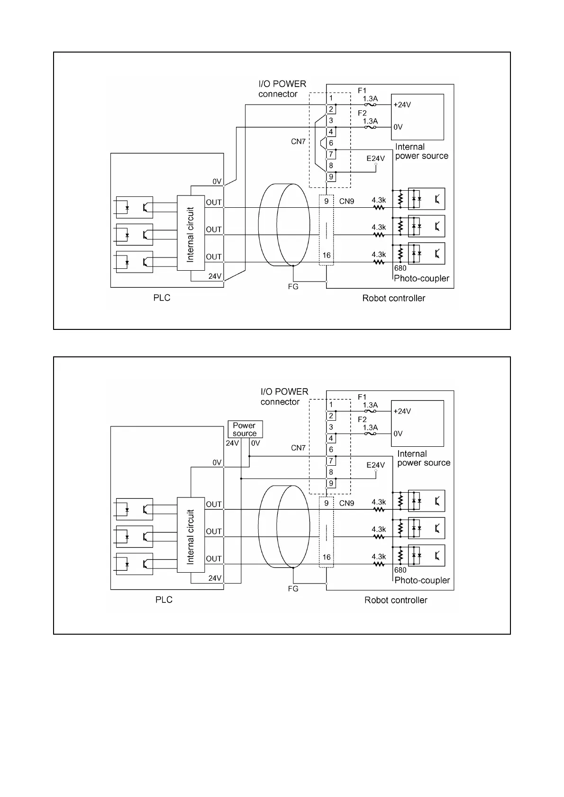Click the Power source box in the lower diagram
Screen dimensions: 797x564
click(245, 429)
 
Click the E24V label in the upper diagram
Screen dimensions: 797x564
click(375, 159)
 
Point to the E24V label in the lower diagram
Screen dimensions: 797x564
click(375, 465)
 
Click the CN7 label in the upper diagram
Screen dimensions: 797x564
click(298, 141)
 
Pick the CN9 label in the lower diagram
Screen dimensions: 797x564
click(346, 503)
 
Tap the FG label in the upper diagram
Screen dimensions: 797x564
click(293, 286)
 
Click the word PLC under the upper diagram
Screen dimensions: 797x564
click(162, 298)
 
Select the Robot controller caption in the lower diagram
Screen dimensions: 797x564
click(396, 600)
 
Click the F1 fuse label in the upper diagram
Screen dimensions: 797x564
click(362, 90)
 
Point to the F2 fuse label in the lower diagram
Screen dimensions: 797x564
click(362, 419)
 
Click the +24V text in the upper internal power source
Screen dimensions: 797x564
click(402, 105)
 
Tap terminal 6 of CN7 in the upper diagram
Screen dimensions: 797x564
click(331, 143)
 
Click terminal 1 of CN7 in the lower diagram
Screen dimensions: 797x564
click(331, 405)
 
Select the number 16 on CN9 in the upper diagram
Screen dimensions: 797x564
click(327, 255)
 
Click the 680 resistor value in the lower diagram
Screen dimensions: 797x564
click(400, 570)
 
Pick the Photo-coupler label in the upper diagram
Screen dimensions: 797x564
click(421, 278)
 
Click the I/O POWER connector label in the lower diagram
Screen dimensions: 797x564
click(284, 397)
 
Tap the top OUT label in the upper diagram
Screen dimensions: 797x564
click(214, 202)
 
